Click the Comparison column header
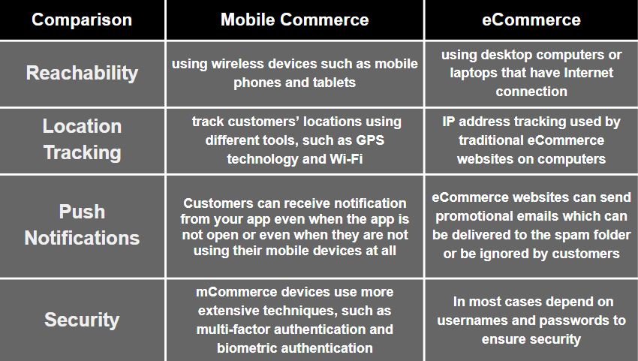click(82, 20)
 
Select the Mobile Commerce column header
click(294, 20)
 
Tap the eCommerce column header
click(531, 20)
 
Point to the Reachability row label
click(83, 74)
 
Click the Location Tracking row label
click(83, 139)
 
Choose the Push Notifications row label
click(83, 224)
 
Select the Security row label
click(83, 320)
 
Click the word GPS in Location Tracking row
click(370, 140)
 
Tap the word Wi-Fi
click(346, 159)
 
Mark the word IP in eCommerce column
click(448, 122)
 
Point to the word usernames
click(472, 320)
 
